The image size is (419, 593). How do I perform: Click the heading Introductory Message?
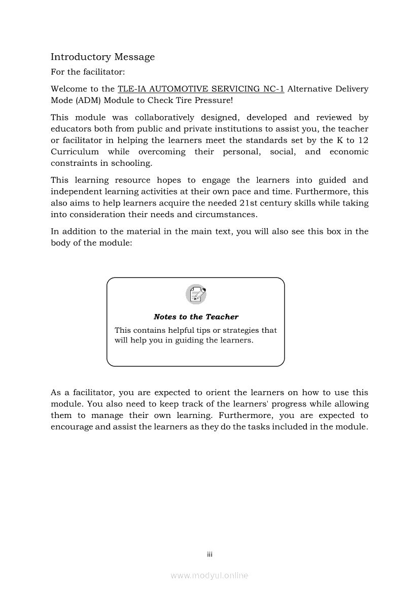point(102,57)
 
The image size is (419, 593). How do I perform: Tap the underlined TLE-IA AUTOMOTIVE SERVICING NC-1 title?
point(200,89)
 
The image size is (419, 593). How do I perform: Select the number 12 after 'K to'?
point(363,140)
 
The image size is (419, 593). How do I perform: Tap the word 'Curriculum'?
point(75,152)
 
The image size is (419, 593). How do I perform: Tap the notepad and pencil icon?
point(196,295)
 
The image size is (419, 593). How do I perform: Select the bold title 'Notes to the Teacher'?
point(196,317)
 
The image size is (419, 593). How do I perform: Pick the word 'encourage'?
point(72,427)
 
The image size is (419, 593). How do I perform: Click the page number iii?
point(209,554)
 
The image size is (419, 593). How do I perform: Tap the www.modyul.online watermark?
point(209,576)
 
